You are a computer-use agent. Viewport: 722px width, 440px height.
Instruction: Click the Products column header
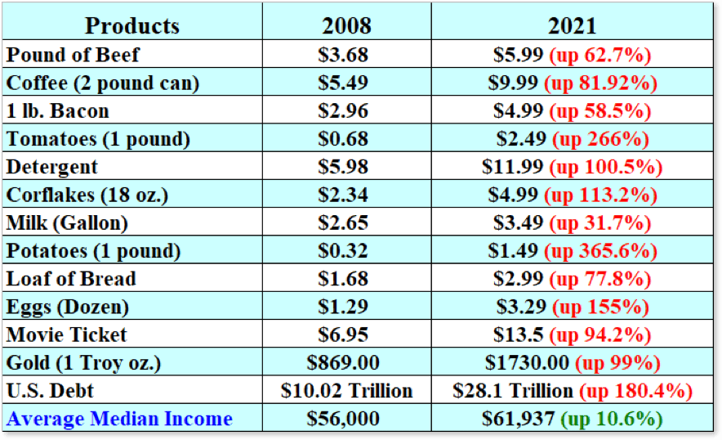tap(131, 25)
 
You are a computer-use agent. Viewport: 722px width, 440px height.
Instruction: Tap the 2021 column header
tap(572, 25)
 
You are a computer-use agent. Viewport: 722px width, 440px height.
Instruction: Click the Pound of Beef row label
tap(73, 55)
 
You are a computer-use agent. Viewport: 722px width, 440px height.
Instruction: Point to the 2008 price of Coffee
tap(343, 83)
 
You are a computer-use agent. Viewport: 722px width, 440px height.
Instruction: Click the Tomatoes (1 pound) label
tap(98, 139)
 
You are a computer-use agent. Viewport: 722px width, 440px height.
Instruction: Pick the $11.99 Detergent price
tap(512, 167)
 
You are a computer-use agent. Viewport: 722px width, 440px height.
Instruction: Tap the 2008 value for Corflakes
tap(343, 195)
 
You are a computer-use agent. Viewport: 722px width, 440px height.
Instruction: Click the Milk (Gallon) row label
tap(68, 222)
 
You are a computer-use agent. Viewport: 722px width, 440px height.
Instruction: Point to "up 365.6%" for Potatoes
tap(605, 250)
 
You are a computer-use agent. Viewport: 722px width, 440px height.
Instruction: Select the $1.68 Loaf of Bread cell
tap(343, 279)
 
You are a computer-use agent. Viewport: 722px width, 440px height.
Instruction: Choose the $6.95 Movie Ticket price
tap(343, 334)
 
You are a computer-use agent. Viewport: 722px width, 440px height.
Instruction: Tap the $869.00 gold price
tap(343, 362)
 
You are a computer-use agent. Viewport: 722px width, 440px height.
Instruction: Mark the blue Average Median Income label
tap(119, 419)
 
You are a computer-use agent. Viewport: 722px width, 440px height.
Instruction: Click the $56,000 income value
tap(343, 419)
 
